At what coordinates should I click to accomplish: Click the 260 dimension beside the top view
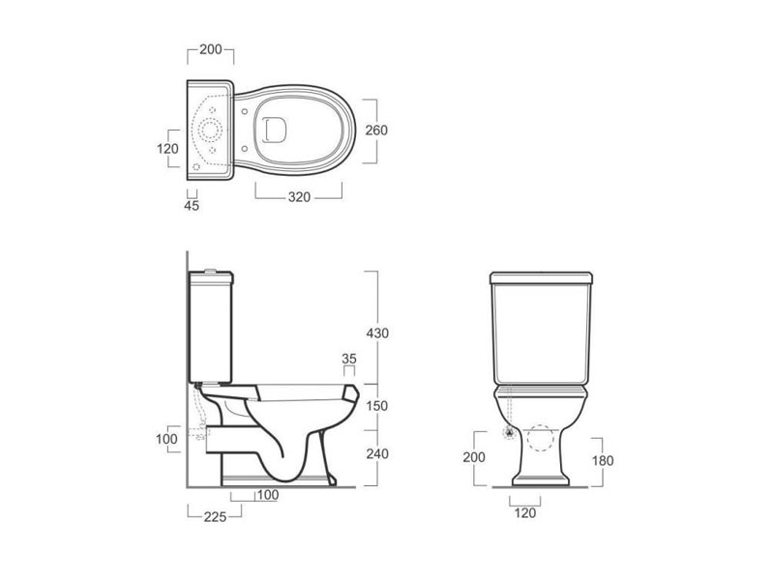coord(376,130)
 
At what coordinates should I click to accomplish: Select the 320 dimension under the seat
coord(299,197)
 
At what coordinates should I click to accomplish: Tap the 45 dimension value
coord(192,206)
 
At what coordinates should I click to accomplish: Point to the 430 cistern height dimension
coord(377,333)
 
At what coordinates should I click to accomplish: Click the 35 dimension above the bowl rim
coord(349,359)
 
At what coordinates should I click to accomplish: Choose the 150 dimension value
coord(377,406)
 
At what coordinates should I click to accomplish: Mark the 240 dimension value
coord(377,453)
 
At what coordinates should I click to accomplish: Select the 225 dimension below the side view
coord(215,516)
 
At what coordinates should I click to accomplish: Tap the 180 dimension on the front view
coord(603,461)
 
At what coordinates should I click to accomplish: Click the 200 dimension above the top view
coord(211,49)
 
